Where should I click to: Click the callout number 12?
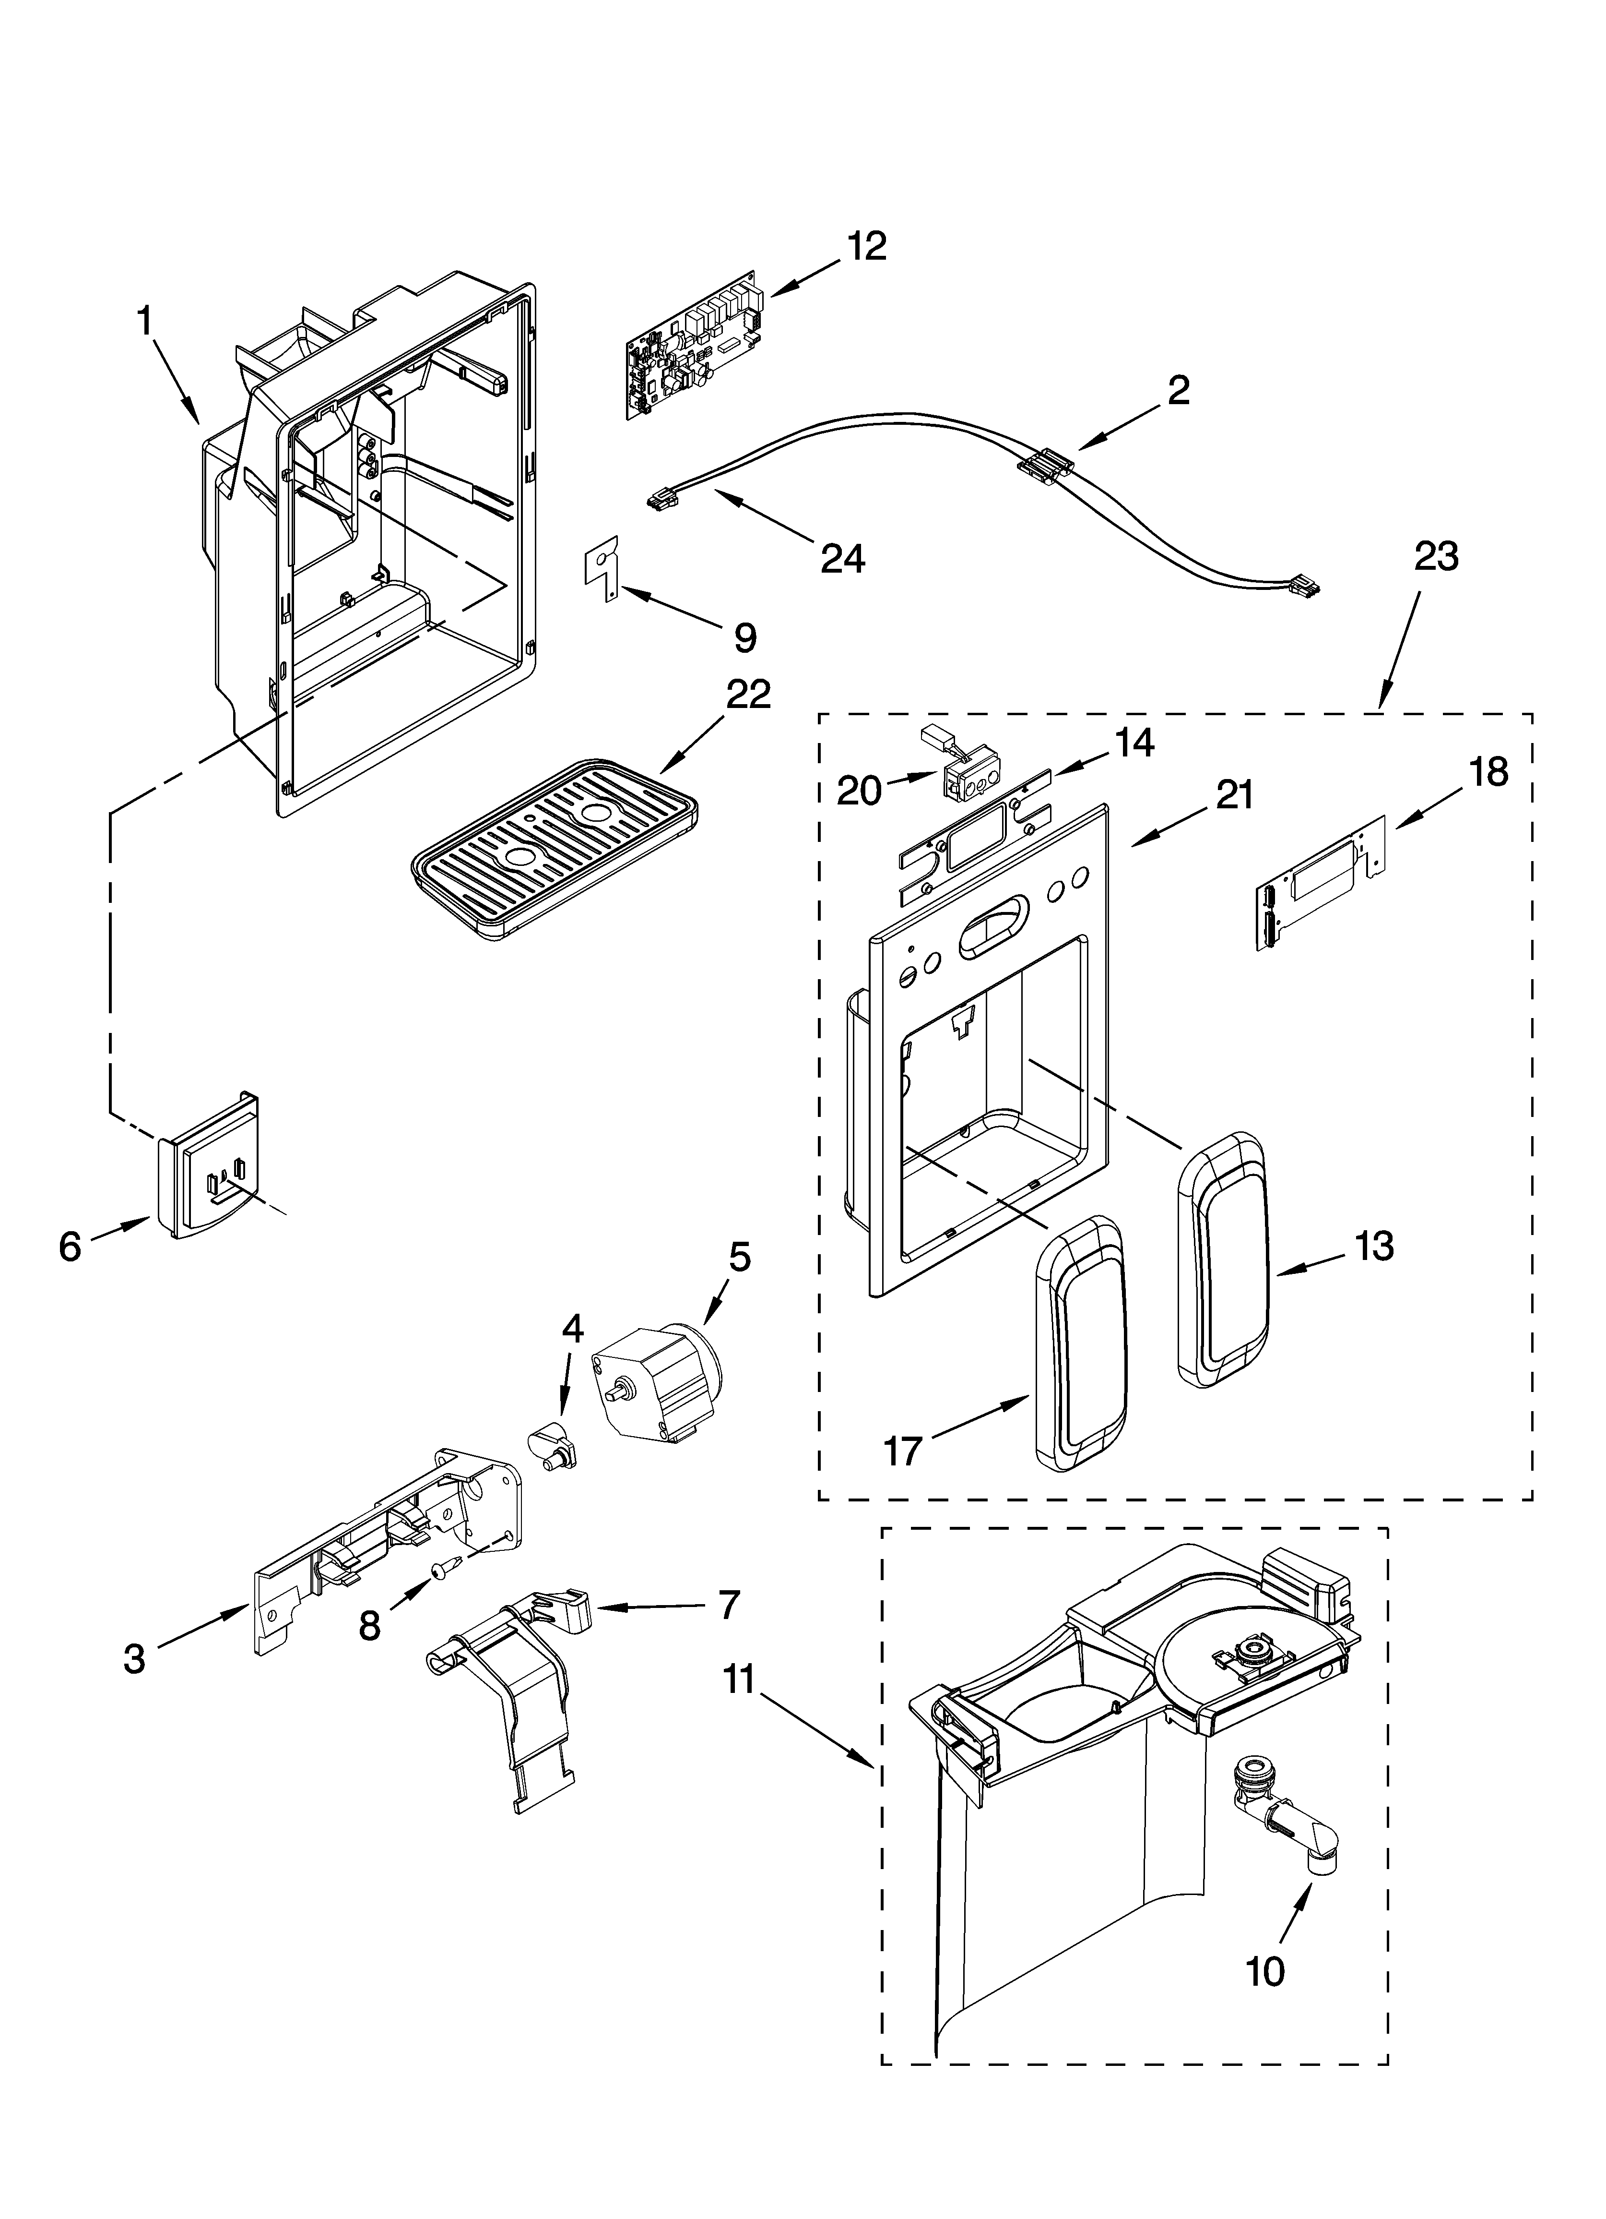tap(867, 247)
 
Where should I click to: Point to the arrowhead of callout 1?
tap(198, 423)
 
